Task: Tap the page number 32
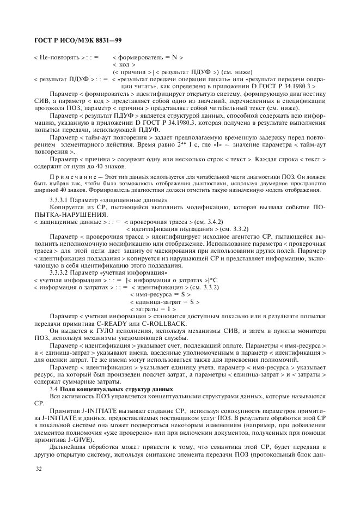pos(38,468)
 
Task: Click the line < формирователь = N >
pos(148,57)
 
